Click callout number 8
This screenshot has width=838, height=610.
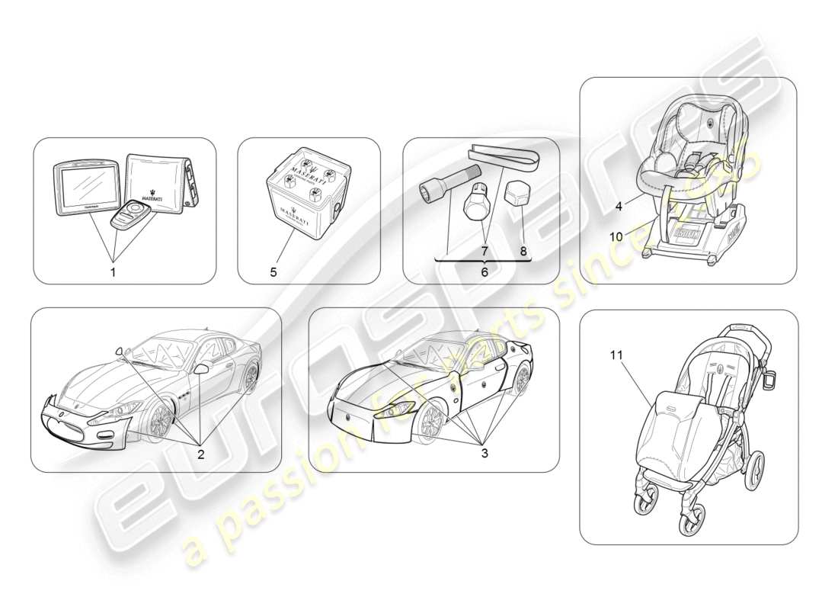click(523, 249)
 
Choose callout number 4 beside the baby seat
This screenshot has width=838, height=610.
click(619, 205)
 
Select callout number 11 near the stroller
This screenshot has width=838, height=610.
click(617, 355)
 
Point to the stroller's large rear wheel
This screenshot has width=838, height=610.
click(754, 471)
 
